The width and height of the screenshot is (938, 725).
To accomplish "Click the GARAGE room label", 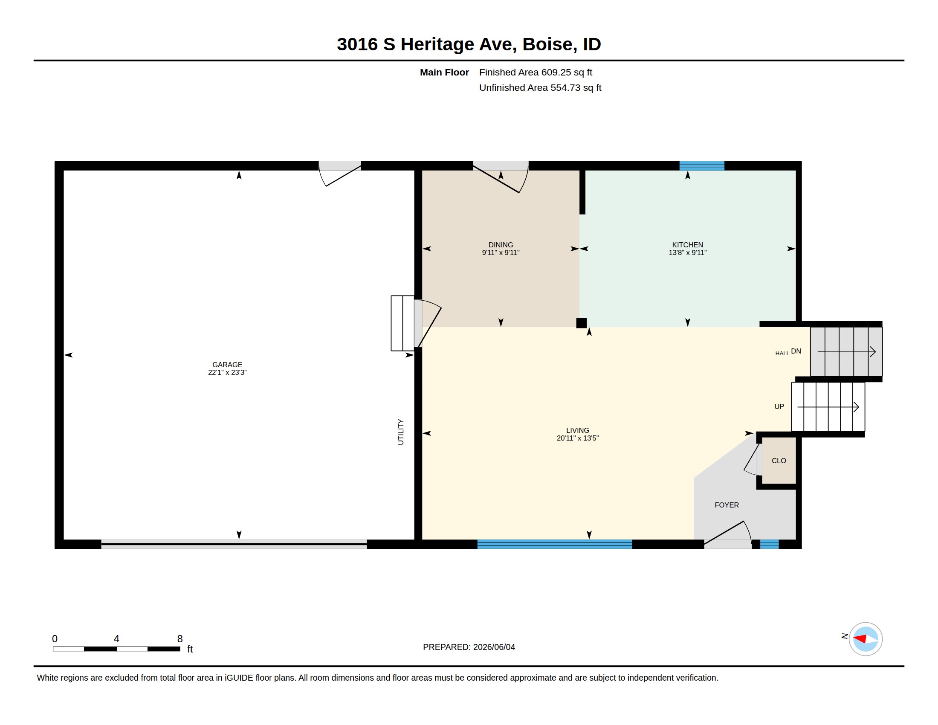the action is pyautogui.click(x=227, y=365).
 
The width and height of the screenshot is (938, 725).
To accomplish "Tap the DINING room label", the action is pyautogui.click(x=501, y=245).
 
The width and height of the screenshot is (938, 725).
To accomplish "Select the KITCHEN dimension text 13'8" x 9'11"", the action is pyautogui.click(x=687, y=252).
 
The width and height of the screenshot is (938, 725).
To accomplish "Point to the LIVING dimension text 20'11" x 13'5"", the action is pyautogui.click(x=577, y=438).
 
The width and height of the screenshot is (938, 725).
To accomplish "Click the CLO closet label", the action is pyautogui.click(x=779, y=461).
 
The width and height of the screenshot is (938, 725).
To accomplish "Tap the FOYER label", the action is pyautogui.click(x=727, y=505).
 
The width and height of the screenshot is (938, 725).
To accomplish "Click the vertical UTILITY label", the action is pyautogui.click(x=401, y=432).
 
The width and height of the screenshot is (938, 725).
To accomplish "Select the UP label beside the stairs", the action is pyautogui.click(x=779, y=406).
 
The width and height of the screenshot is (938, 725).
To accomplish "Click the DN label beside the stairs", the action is pyautogui.click(x=796, y=351).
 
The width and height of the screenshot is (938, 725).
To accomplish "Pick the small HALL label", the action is pyautogui.click(x=782, y=354).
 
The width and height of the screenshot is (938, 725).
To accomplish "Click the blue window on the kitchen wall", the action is pyautogui.click(x=702, y=166).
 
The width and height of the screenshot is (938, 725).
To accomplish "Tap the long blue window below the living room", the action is pyautogui.click(x=554, y=544).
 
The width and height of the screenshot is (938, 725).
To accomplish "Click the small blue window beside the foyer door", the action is pyautogui.click(x=769, y=544).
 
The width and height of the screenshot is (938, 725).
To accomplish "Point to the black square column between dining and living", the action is pyautogui.click(x=581, y=323).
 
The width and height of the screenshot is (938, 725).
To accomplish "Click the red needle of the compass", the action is pyautogui.click(x=860, y=639).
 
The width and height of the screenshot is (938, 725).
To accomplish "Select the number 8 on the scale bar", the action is pyautogui.click(x=180, y=639).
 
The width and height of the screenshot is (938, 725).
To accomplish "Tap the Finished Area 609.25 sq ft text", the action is pyautogui.click(x=536, y=72).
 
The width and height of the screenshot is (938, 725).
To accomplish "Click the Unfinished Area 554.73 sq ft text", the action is pyautogui.click(x=540, y=87).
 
